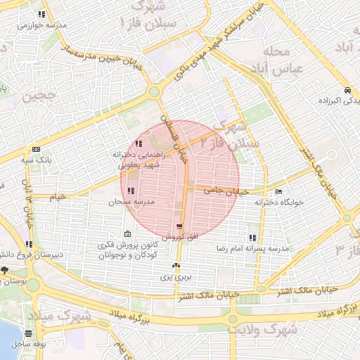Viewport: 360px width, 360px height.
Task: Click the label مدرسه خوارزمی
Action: (42, 25)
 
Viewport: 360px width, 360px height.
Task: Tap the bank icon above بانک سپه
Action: (36, 149)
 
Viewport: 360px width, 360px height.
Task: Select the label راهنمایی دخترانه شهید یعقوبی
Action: (138, 158)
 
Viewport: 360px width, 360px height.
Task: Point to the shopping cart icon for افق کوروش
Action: (180, 227)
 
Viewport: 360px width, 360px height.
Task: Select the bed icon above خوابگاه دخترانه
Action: (279, 191)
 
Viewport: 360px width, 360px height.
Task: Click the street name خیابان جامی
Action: (226, 190)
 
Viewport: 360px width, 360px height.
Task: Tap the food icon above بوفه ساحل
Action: (28, 333)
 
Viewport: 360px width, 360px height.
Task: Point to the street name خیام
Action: (58, 197)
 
